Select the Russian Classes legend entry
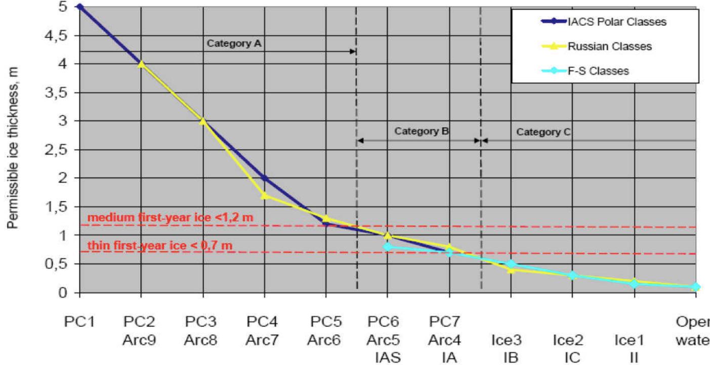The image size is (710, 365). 609,47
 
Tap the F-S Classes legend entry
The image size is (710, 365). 598,71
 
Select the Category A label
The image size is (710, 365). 233,43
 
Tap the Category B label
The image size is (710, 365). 422,131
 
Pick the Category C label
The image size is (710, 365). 543,132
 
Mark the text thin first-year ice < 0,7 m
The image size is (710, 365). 160,246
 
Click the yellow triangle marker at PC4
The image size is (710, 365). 264,195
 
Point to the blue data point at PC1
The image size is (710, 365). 79,7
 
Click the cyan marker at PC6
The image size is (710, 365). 388,247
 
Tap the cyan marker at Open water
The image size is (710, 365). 696,287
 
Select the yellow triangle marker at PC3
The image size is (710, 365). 202,121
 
